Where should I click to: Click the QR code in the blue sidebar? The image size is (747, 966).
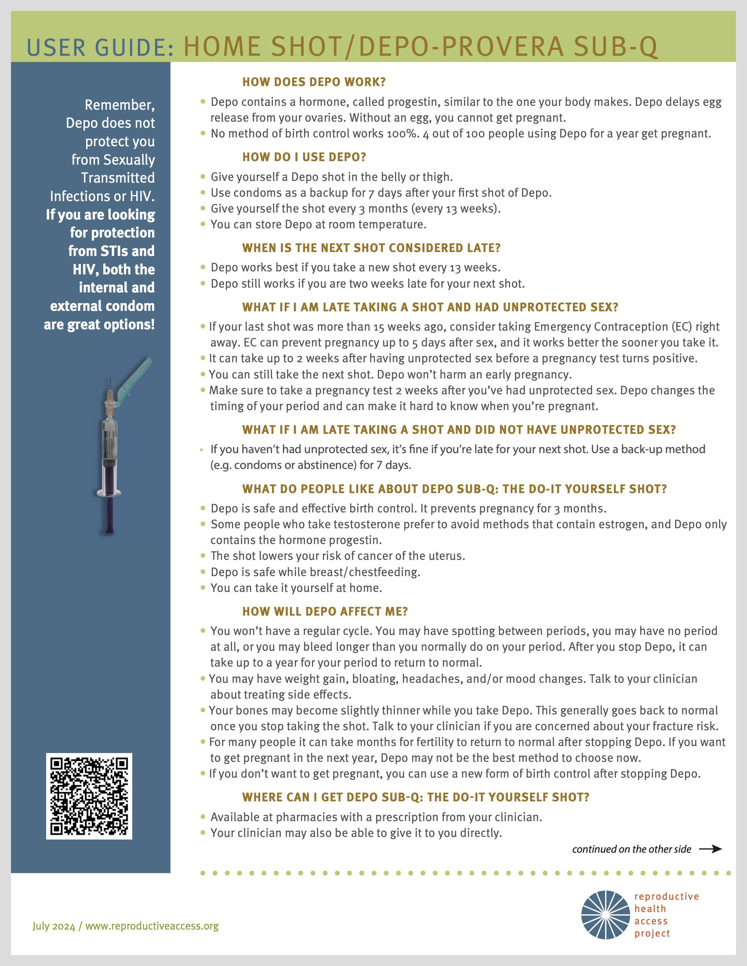point(89,796)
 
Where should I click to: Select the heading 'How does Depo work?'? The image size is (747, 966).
point(314,82)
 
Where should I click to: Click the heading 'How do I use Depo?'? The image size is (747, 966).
point(304,157)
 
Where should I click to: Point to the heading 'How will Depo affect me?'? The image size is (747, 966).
point(325,611)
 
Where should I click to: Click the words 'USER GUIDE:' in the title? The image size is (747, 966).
point(100,48)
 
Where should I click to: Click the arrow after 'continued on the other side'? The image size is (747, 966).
point(710,849)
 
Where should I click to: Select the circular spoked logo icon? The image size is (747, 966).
point(606,915)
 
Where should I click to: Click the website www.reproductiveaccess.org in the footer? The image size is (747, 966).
point(152,926)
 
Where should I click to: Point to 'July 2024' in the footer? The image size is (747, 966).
point(54,926)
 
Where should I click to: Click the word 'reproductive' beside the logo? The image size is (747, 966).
point(667,896)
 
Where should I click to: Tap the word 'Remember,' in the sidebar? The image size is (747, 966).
point(120,105)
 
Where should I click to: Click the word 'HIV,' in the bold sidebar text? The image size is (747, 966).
point(86,269)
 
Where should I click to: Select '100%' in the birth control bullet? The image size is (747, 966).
point(402,133)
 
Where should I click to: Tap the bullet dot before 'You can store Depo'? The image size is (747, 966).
point(203,224)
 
